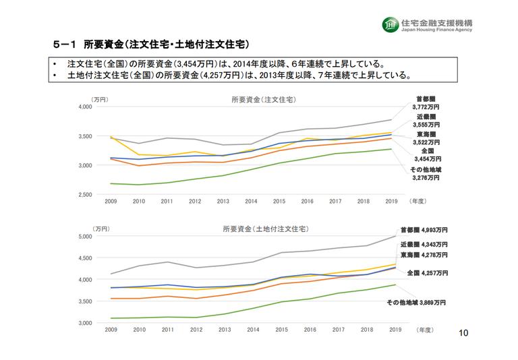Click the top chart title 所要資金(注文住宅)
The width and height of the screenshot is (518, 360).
click(262, 100)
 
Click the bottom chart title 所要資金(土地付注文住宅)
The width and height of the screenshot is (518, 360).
click(262, 229)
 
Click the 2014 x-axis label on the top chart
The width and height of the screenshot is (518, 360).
click(251, 201)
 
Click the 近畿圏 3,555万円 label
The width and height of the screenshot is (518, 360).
click(427, 121)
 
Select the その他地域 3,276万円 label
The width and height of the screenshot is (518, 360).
click(426, 174)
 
